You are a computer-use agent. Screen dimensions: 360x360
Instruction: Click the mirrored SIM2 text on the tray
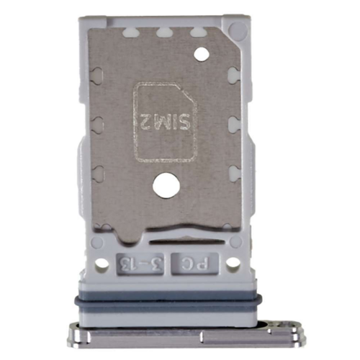coord(165,118)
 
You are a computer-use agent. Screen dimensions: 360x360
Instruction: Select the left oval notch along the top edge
coord(130,32)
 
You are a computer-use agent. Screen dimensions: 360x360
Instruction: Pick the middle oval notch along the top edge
coord(163,32)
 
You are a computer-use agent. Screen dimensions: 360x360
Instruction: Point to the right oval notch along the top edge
coord(196,32)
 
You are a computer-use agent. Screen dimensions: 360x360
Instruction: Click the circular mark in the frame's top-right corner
coord(235,30)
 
